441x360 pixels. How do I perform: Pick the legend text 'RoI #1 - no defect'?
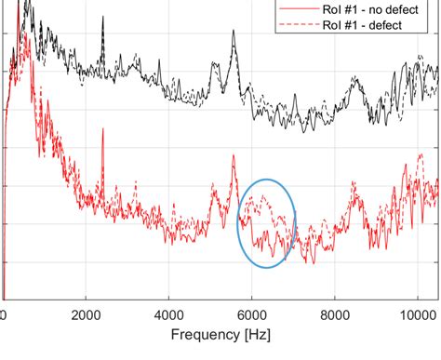378,9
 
